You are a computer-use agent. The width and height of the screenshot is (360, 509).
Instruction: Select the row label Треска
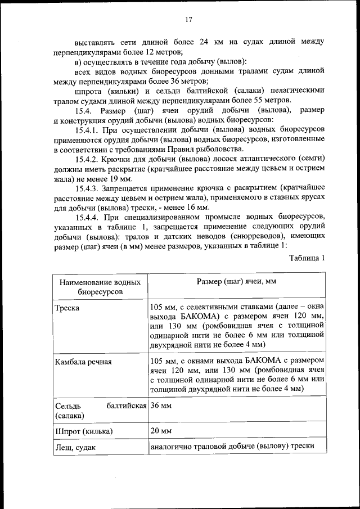(67, 308)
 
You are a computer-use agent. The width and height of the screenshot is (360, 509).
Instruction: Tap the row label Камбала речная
(83, 362)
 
